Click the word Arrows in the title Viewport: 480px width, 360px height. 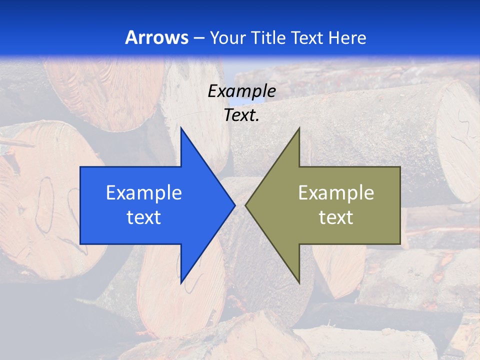click(x=156, y=37)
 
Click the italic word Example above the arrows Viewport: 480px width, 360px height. click(x=241, y=91)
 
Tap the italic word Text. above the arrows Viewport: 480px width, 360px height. click(x=241, y=115)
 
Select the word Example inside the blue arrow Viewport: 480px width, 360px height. click(x=144, y=192)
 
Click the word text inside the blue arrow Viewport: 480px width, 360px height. click(x=144, y=217)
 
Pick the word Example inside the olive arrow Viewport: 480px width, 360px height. click(x=336, y=192)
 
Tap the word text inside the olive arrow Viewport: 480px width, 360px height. click(x=336, y=217)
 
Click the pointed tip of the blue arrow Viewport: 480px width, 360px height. click(x=234, y=205)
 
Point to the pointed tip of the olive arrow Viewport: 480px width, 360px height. click(x=245, y=205)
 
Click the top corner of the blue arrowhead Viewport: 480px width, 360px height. click(x=181, y=128)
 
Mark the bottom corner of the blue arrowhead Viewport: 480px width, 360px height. click(x=181, y=283)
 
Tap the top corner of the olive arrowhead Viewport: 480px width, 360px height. click(x=299, y=128)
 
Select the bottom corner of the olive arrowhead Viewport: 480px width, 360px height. click(x=299, y=283)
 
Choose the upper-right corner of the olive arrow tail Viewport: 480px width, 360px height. click(x=400, y=167)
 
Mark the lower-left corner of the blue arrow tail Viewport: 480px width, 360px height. click(x=80, y=244)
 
